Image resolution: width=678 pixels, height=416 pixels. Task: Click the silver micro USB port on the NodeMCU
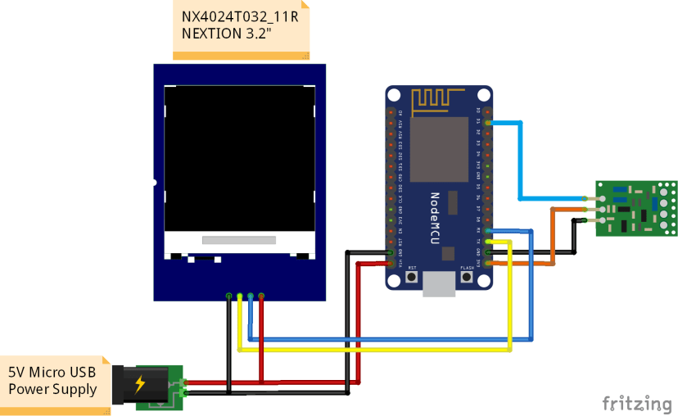point(440,284)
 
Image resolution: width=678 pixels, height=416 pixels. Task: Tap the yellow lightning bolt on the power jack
point(140,382)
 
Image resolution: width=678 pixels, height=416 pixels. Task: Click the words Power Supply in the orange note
point(52,389)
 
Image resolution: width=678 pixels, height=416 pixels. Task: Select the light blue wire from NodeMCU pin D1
point(520,156)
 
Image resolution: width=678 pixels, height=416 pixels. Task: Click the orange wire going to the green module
point(551,237)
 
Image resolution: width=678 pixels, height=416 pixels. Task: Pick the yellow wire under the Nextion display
point(368,350)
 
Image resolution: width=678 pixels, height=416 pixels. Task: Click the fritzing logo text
point(637,403)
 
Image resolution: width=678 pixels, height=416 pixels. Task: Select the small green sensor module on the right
point(636,208)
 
